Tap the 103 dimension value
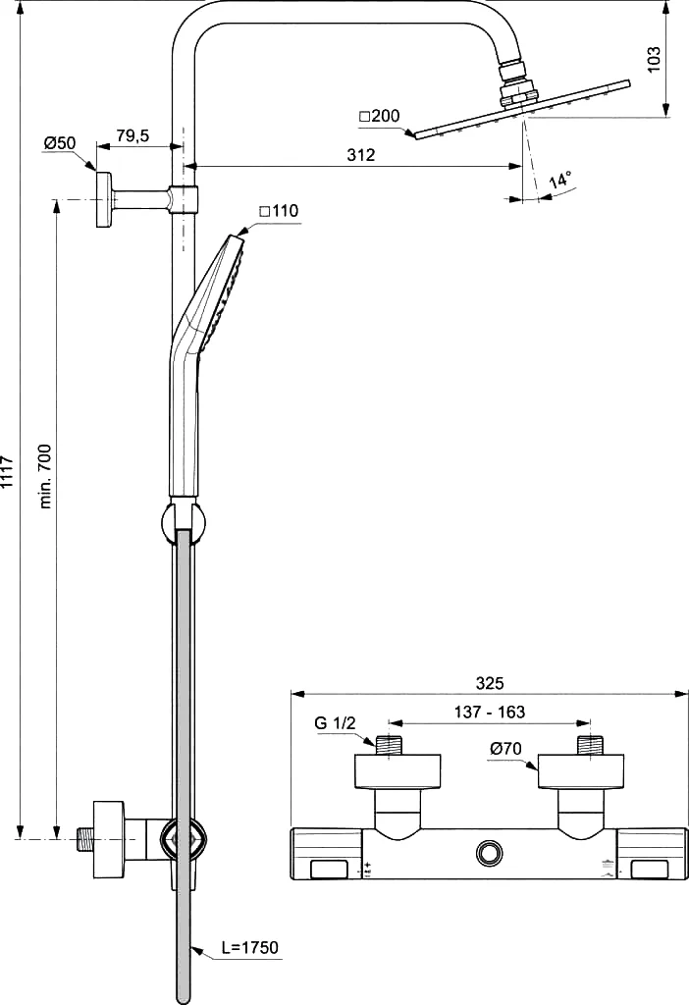[x=653, y=60]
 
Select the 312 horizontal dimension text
[x=361, y=155]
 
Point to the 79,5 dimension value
[x=132, y=135]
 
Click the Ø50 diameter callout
[x=60, y=143]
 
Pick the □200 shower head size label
[x=379, y=116]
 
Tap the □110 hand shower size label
[x=279, y=211]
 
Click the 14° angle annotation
[x=559, y=181]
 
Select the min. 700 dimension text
[x=45, y=467]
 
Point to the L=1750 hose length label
[x=250, y=947]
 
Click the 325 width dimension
[x=490, y=683]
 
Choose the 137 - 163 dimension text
[x=490, y=713]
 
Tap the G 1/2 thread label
[x=335, y=723]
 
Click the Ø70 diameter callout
[x=505, y=749]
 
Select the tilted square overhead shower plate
[x=522, y=109]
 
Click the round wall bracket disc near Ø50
[x=103, y=198]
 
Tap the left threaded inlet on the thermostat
[x=389, y=746]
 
